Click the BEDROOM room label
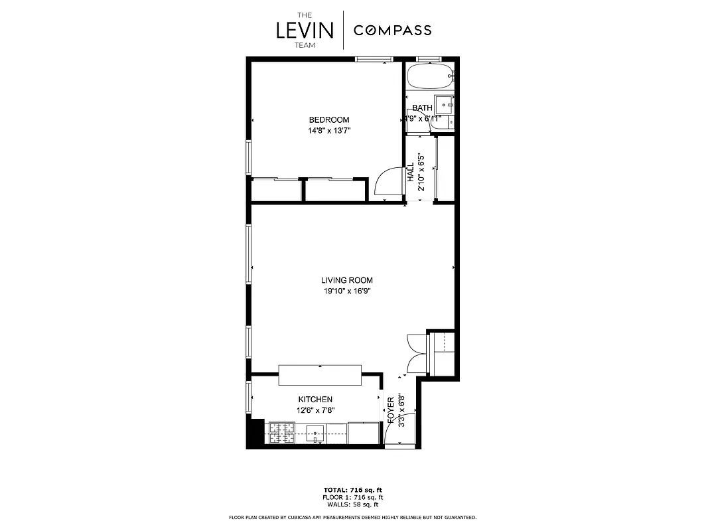(x=328, y=120)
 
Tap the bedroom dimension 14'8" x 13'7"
(x=328, y=131)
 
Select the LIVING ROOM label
(x=347, y=281)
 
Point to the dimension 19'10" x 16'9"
(x=347, y=291)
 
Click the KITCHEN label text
(x=315, y=400)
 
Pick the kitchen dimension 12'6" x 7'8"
(x=315, y=410)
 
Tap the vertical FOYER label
(x=391, y=411)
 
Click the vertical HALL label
(x=411, y=173)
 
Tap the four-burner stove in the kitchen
(x=280, y=433)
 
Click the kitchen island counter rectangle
(x=320, y=374)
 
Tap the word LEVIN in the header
(x=305, y=31)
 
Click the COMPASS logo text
(x=392, y=30)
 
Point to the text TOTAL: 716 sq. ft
(x=353, y=490)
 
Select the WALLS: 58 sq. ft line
(x=353, y=504)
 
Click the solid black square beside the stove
(x=255, y=433)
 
